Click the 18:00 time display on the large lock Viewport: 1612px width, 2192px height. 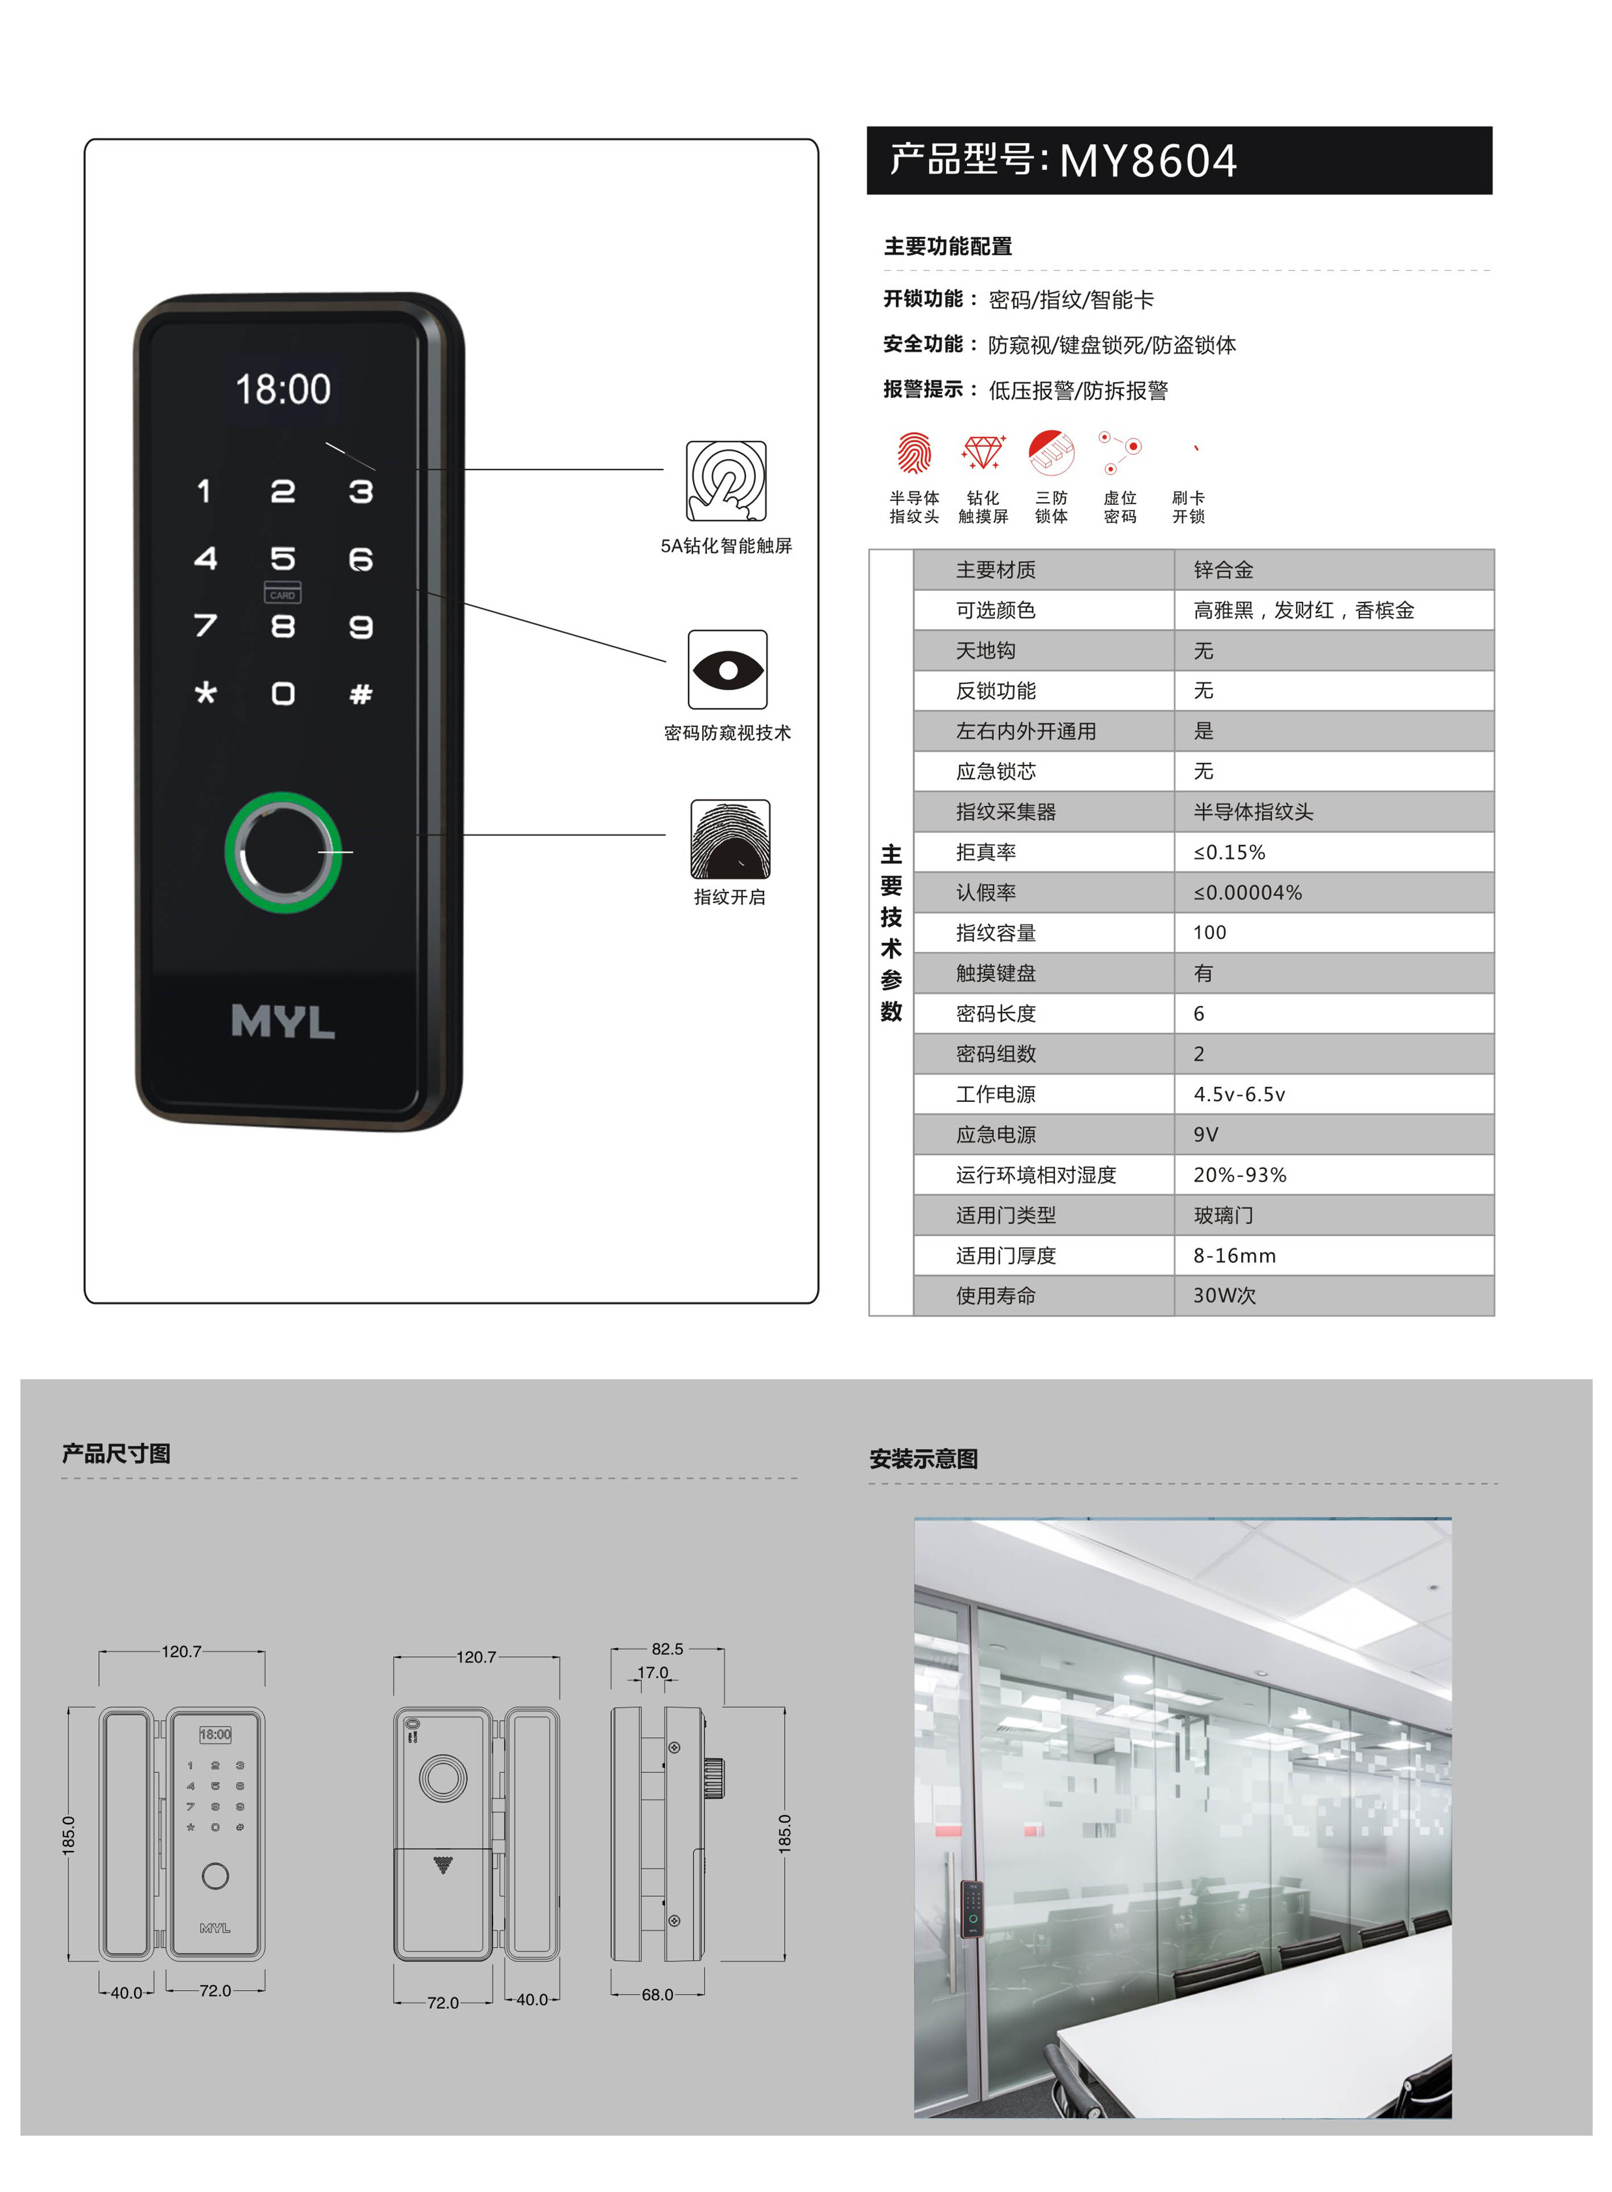pos(283,389)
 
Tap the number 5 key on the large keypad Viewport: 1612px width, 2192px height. pos(283,559)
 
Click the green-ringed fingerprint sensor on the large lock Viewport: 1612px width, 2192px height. pos(283,852)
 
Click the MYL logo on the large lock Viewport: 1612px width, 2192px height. pos(283,1021)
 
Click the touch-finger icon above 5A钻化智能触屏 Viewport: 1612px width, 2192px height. pos(726,481)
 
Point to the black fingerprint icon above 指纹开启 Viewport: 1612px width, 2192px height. pos(730,839)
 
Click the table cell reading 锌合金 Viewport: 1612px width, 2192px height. pos(1224,570)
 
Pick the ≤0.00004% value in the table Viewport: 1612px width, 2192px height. pos(1248,893)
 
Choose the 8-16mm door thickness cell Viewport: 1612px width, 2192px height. pos(1234,1255)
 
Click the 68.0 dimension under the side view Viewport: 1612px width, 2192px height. pos(658,1995)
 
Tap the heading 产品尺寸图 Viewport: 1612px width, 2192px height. pos(116,1453)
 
